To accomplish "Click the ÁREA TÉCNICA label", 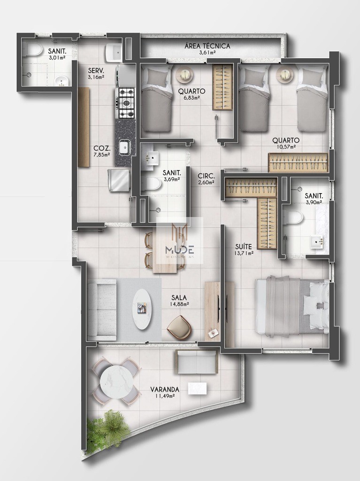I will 207,46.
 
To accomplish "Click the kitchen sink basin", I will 124,147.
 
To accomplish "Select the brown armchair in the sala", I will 179,326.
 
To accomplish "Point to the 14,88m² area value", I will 179,304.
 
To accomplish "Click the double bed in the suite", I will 291,306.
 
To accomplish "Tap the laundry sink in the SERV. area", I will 113,52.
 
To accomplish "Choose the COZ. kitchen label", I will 101,147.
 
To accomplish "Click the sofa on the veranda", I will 196,362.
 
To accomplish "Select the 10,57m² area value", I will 286,147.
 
